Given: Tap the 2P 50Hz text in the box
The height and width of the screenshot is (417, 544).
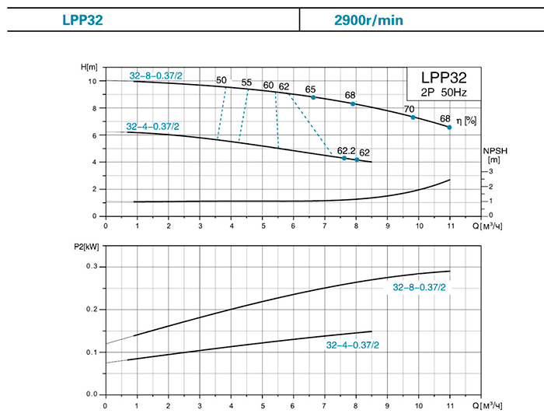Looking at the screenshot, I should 444,93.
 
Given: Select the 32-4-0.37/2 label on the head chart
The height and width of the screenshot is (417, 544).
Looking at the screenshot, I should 152,126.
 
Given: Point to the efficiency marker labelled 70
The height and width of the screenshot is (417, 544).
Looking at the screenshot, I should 413,117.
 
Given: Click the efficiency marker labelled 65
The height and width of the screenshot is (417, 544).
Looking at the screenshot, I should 313,97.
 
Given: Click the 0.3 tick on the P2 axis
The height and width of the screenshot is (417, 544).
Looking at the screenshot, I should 91,267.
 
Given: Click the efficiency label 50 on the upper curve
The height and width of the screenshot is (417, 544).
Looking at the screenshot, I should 221,80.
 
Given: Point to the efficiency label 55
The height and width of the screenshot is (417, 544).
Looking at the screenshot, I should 247,82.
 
